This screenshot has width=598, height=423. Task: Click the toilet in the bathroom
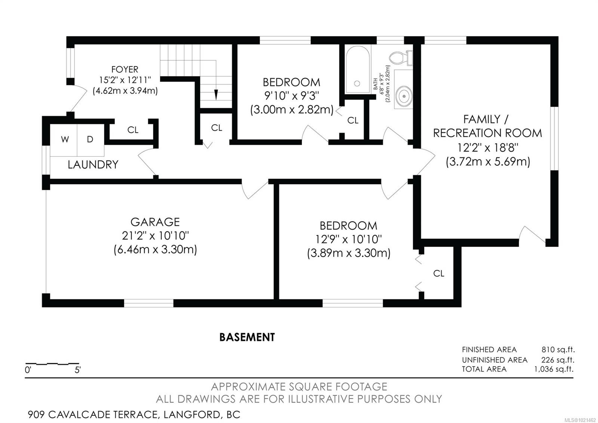(398, 58)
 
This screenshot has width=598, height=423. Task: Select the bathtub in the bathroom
(358, 70)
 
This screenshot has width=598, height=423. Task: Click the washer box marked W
(65, 140)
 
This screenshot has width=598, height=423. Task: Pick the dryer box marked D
(90, 140)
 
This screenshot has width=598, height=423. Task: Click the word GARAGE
(155, 222)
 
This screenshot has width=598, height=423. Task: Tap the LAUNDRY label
(93, 165)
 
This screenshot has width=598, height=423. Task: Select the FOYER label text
(124, 70)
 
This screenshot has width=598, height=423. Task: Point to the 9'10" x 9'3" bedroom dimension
(292, 96)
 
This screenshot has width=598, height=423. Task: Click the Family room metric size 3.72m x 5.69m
(488, 162)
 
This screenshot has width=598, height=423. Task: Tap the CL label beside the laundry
(133, 130)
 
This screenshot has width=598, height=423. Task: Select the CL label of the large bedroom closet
(439, 274)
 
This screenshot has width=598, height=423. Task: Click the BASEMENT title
(247, 337)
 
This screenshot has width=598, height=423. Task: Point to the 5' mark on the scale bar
(78, 370)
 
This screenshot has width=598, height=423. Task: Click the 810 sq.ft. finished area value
(558, 350)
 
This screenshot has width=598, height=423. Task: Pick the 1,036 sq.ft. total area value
(554, 369)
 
